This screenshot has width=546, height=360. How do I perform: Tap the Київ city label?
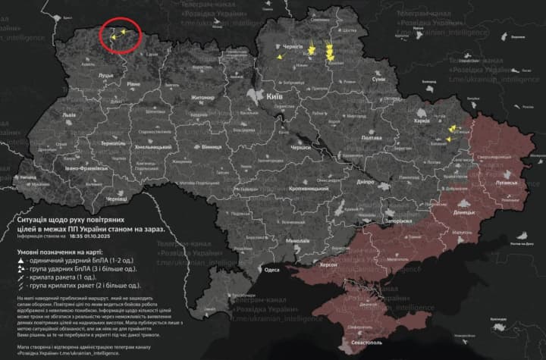tap(275, 97)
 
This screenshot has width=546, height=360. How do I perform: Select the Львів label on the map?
tap(69, 115)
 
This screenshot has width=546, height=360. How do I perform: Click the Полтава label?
tap(372, 138)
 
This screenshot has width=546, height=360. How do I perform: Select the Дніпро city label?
tap(365, 182)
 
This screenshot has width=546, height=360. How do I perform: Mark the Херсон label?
tap(327, 265)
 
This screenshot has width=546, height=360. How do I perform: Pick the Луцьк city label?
tap(105, 76)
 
